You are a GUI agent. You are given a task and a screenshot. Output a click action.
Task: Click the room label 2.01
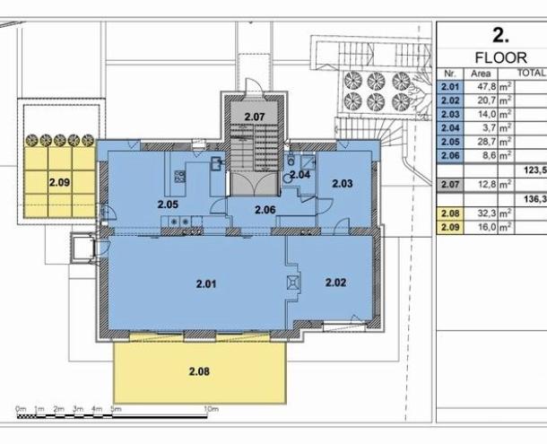(x=206, y=283)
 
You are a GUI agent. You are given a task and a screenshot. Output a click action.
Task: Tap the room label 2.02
(x=335, y=282)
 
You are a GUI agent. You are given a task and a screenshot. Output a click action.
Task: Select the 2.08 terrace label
(x=199, y=371)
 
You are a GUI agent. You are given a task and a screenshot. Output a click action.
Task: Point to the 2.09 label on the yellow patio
(x=60, y=182)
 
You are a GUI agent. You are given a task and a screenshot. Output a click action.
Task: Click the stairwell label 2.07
(x=255, y=117)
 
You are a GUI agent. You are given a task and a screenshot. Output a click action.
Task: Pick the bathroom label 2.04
(x=300, y=175)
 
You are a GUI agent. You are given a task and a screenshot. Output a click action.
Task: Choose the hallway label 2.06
(x=265, y=210)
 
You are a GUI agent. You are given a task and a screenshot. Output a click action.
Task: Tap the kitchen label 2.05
(x=168, y=205)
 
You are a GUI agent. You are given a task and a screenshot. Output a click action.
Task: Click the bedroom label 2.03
(x=343, y=183)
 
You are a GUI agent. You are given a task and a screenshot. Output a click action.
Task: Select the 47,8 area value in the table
(x=487, y=87)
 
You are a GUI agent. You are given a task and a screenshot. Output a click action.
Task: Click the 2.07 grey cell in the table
(x=449, y=184)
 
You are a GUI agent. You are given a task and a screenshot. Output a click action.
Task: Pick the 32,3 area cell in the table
(x=487, y=213)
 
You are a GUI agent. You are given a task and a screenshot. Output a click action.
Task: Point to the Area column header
(x=481, y=74)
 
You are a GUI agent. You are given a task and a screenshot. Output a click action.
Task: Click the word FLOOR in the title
(x=501, y=57)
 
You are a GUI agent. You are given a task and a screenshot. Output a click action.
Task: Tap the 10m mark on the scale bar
(x=211, y=409)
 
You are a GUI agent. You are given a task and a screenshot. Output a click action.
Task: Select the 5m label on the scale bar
(x=116, y=409)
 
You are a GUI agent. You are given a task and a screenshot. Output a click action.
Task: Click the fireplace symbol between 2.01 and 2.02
(x=292, y=283)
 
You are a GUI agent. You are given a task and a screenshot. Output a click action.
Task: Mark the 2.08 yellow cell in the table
(x=449, y=213)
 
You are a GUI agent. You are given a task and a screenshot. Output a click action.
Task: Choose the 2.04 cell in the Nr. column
(x=449, y=128)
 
